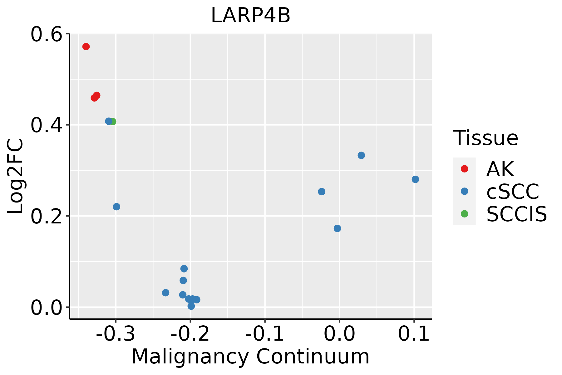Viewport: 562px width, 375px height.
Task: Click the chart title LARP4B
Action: click(250, 16)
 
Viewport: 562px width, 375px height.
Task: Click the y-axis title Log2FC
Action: click(16, 177)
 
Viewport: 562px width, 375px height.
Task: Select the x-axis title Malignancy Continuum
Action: click(250, 357)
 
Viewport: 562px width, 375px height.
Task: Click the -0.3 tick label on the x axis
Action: click(116, 334)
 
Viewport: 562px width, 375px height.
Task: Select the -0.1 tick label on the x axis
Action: click(265, 334)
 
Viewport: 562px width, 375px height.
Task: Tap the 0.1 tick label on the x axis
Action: click(414, 334)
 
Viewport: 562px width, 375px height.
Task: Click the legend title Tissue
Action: click(486, 138)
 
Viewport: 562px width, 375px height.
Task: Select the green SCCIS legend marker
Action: click(464, 214)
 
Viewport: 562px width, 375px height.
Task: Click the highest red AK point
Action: click(86, 47)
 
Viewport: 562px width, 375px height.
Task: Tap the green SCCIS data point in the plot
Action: click(113, 122)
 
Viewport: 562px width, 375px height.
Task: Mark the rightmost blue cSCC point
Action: click(415, 179)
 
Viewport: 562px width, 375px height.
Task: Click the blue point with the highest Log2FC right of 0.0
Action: click(361, 155)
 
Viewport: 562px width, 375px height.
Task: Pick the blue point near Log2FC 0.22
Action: click(116, 207)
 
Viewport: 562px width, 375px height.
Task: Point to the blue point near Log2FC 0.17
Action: click(337, 228)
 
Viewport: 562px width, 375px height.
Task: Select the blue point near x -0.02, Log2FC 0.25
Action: click(322, 192)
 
